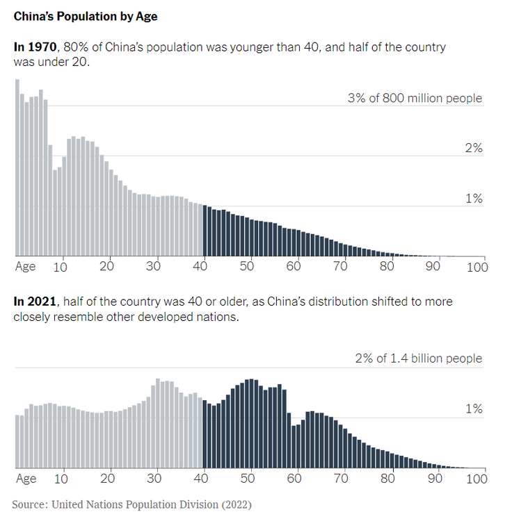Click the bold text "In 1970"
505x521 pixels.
click(36, 47)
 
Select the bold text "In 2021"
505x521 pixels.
click(36, 301)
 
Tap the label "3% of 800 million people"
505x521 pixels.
click(415, 98)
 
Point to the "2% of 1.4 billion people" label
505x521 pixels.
click(419, 358)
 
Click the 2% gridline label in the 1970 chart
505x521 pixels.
click(474, 148)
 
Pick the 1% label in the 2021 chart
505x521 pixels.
click(474, 409)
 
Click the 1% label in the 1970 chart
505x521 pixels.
click(474, 199)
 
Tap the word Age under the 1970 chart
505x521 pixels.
click(26, 266)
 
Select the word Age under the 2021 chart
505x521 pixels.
click(26, 478)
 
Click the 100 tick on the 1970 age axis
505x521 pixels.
click(477, 266)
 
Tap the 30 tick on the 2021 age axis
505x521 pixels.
click(154, 478)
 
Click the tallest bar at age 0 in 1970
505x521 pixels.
click(17, 167)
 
